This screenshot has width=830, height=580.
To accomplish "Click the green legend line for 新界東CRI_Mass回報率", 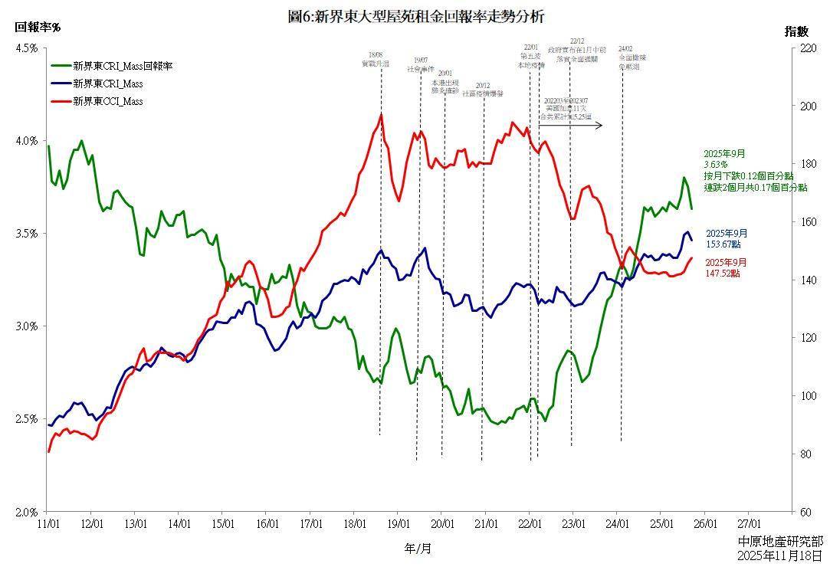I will pos(60,66).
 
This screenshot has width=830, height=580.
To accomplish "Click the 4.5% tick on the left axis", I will pos(27,48).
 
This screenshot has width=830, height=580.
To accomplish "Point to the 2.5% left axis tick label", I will pos(27,419).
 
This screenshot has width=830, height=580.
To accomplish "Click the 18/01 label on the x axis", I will pos(354,525).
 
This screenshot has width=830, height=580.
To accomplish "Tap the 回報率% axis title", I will pos(38,28).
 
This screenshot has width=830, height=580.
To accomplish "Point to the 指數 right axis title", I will pos(796,31).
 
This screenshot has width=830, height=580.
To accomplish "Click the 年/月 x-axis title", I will pos(418,549).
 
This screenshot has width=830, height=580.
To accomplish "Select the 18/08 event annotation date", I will pos(376,54).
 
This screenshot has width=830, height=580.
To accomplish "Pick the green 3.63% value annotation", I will pos(716,165).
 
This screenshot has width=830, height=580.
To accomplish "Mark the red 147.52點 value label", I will pos(723,274).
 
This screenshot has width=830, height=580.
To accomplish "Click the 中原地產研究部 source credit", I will pos(779,542).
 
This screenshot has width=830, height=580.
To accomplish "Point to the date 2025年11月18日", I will pos(779,556).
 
